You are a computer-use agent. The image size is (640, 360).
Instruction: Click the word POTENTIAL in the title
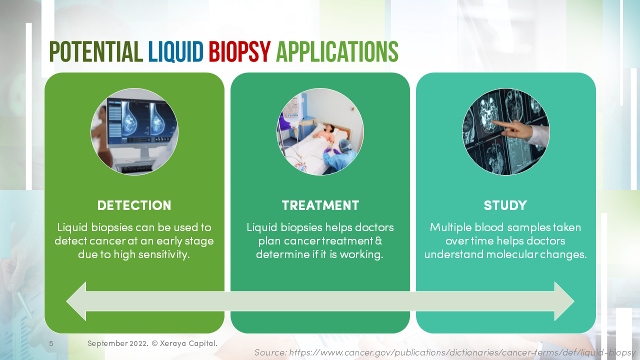coord(96,52)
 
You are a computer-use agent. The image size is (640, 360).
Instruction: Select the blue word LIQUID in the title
coord(175,52)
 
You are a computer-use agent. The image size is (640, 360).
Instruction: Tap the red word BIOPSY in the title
coord(239,52)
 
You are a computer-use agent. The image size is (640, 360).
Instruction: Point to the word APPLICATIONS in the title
coord(337,52)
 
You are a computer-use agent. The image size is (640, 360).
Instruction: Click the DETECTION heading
coord(134,205)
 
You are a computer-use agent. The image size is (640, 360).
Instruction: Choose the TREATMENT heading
coord(320,205)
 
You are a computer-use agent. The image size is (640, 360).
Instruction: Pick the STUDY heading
coord(505,205)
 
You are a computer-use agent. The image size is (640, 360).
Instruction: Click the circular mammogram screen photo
coord(134,131)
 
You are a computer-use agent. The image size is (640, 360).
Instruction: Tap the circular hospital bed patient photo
coord(320,131)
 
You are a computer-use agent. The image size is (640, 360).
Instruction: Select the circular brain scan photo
coord(505,131)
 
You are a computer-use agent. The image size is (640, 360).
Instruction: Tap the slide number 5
coord(51,343)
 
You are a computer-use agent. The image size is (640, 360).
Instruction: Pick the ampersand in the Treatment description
coord(378,241)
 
